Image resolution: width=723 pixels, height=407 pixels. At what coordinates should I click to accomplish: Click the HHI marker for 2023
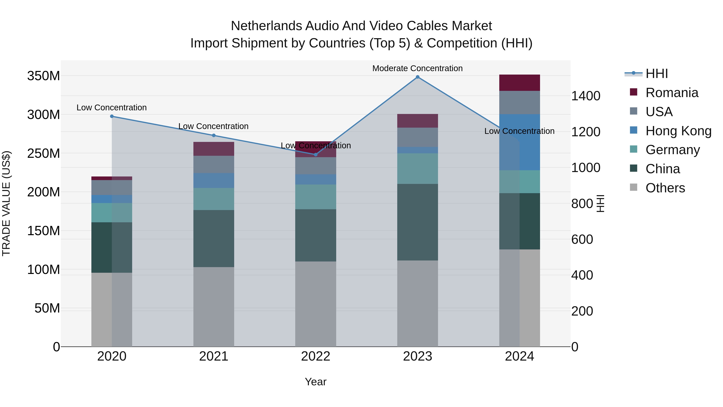[417, 77]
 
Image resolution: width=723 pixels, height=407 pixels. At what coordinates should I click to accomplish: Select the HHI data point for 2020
[112, 116]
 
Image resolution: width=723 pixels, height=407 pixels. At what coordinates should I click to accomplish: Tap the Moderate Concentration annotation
[417, 68]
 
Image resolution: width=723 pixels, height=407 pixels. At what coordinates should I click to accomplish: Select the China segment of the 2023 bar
[417, 222]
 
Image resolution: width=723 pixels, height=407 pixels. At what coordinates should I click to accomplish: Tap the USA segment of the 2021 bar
[214, 164]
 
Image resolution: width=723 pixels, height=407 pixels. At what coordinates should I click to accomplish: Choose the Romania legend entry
[672, 93]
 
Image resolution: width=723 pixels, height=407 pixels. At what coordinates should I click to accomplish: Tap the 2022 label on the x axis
[316, 356]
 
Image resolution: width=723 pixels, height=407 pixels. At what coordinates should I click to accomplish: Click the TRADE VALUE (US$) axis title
[6, 203]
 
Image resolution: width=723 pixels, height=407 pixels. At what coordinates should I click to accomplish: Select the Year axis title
[316, 382]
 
